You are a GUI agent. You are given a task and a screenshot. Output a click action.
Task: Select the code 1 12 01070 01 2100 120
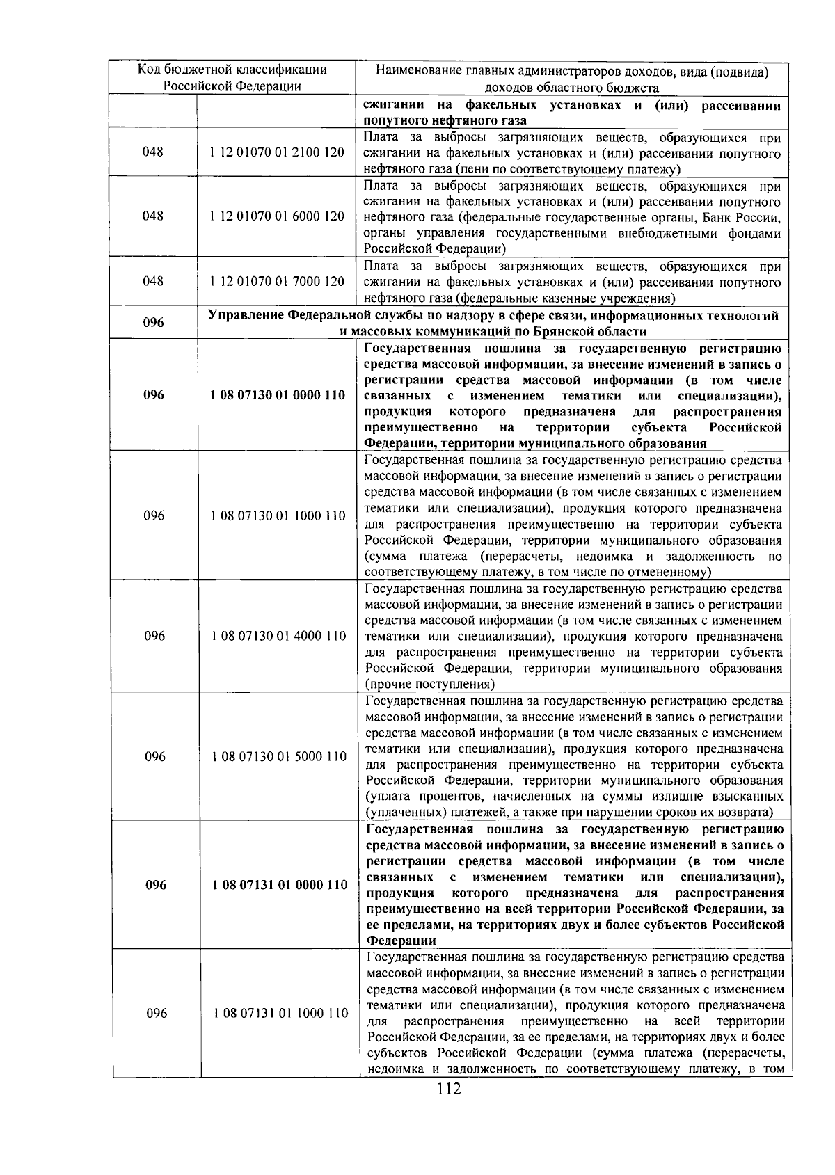click(277, 152)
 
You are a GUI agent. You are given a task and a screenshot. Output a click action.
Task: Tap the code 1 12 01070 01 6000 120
click(277, 216)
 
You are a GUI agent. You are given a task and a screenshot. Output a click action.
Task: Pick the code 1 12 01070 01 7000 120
click(277, 282)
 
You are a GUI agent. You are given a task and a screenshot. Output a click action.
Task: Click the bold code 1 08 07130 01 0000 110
click(277, 395)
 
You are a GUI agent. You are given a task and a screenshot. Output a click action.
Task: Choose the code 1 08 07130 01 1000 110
click(278, 516)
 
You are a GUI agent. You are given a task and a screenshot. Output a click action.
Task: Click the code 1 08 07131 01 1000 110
click(280, 1014)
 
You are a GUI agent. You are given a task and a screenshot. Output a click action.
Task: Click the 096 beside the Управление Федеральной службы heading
click(153, 323)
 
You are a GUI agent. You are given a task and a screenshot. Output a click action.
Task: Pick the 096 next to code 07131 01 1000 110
click(157, 1014)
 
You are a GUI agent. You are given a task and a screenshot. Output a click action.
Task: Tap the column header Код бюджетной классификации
click(232, 70)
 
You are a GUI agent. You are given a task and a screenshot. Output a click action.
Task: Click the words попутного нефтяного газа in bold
click(445, 120)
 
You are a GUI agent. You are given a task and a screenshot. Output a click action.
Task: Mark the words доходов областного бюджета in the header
click(571, 87)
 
